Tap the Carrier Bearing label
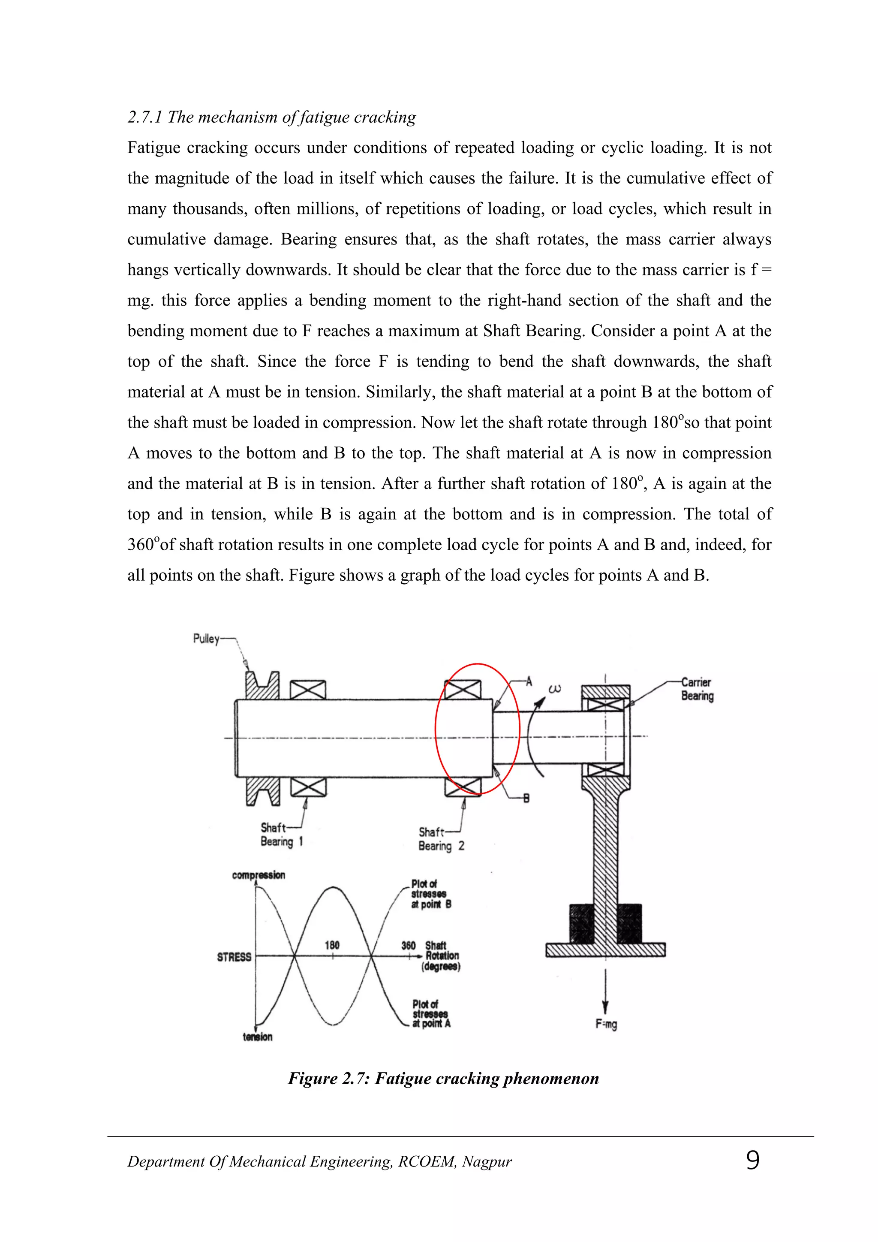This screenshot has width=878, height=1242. pos(697,689)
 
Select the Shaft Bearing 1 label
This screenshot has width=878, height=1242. pos(281,835)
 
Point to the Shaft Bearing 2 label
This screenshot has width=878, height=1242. pos(441,839)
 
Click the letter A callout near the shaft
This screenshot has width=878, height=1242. pos(529,681)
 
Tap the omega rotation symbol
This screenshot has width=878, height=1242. pos(555,689)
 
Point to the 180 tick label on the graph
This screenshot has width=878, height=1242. pos(332,945)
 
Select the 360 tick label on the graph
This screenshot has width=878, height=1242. pos(408,946)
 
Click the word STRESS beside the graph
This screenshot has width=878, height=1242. pos(234,957)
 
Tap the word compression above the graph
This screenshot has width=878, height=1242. pos(259,875)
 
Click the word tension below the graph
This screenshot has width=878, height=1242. pos(258,1037)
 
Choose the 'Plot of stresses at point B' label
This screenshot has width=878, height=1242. pos(431,894)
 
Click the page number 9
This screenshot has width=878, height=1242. pos(752,1161)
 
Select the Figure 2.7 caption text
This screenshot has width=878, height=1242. pos(443,1078)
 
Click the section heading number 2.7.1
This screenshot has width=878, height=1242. pos(145,117)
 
